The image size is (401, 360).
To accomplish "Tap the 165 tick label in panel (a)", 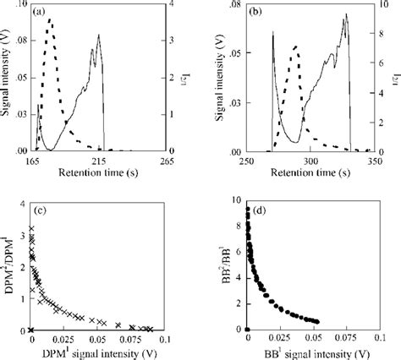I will [34, 160].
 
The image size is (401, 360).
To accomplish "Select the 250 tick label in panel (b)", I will [246, 160].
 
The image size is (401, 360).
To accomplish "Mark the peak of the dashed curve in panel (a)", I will [50, 19].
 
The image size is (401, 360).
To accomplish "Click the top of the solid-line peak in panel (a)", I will [99, 35].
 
